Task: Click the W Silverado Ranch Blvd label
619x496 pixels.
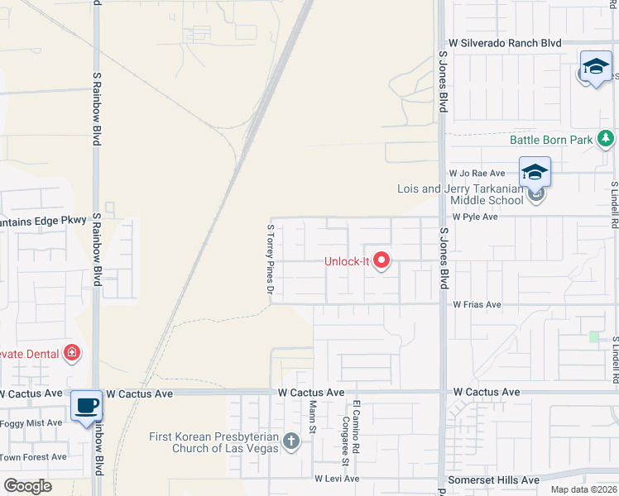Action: tap(505, 42)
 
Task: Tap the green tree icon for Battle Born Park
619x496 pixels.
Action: tap(607, 139)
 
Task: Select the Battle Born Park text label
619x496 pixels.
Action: tap(550, 140)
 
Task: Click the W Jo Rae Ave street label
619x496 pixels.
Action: tap(477, 174)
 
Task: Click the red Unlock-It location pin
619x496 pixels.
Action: tap(381, 261)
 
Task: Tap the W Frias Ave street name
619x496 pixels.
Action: tap(477, 304)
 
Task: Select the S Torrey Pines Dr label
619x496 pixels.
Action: tap(270, 258)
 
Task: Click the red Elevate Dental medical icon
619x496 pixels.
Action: tap(72, 354)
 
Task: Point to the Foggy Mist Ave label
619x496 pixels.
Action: tap(31, 422)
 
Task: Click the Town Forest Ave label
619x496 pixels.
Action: tap(33, 456)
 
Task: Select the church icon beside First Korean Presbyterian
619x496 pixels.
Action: tap(290, 441)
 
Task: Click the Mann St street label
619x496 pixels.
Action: tap(313, 417)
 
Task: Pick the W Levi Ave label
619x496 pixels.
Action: tap(337, 479)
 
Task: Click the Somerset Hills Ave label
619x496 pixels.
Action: tap(492, 479)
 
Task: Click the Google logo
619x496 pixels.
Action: tap(27, 486)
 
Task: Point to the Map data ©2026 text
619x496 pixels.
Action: tap(583, 489)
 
